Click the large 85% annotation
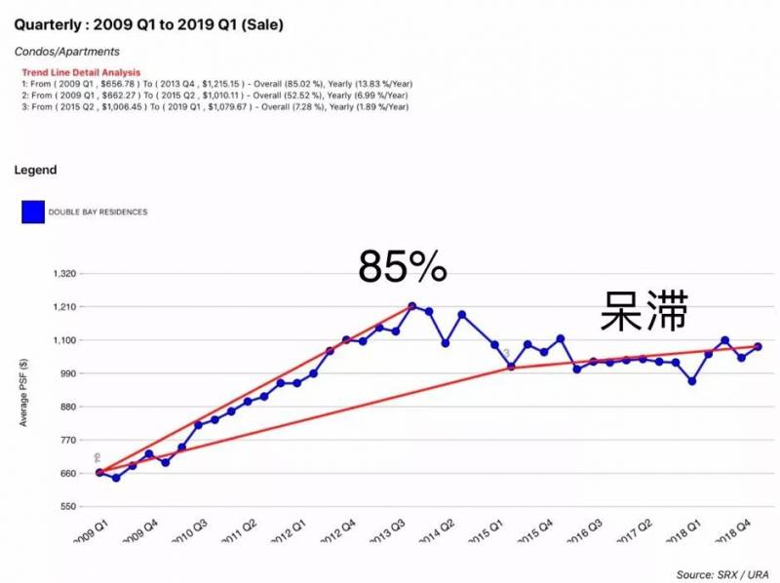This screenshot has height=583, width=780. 402,265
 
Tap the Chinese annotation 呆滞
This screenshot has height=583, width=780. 643,309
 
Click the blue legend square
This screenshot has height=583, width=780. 33,212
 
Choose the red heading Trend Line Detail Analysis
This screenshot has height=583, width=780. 81,73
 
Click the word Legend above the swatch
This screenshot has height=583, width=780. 35,171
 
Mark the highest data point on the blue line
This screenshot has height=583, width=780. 412,306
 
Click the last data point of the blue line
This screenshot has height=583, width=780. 758,347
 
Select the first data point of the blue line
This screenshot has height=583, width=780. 99,473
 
